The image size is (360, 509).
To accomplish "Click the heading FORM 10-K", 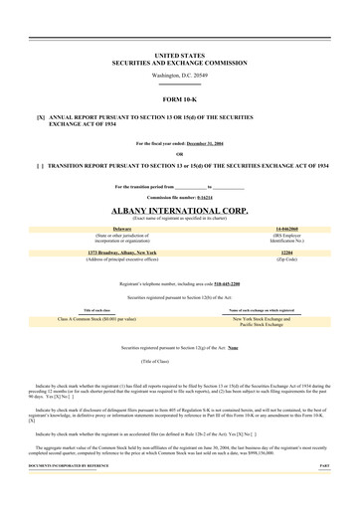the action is tap(179, 99).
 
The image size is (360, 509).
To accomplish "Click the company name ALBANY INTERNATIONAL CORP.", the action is tap(179, 212).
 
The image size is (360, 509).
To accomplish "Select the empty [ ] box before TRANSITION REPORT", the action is tap(41, 165).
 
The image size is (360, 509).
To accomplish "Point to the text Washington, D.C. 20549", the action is tap(179, 75).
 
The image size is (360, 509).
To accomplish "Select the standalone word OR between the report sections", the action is tap(179, 154).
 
